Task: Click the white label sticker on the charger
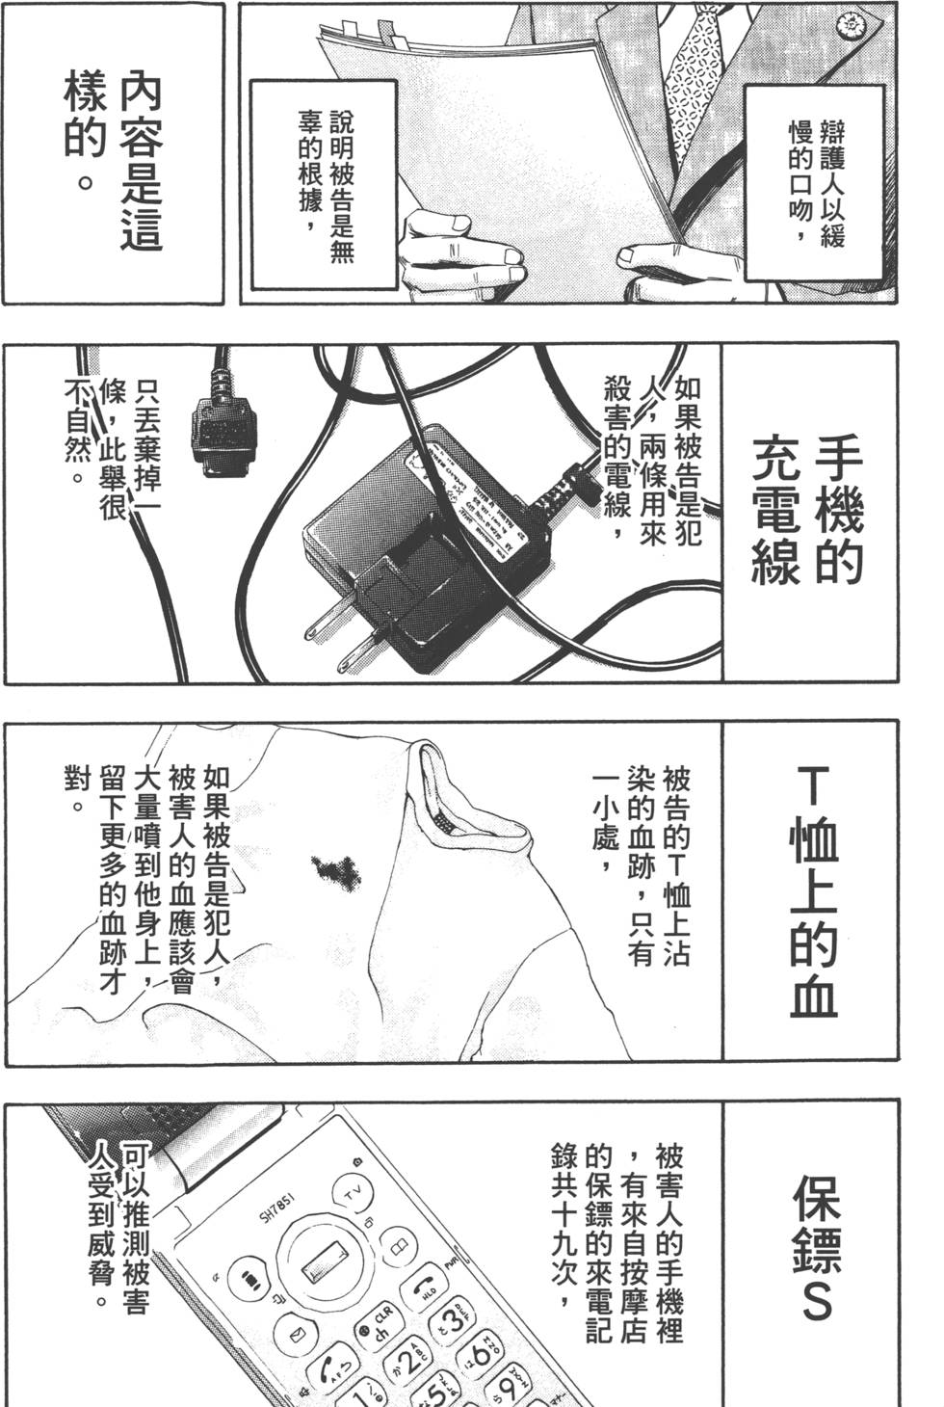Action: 472,501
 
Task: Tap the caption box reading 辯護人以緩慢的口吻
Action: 815,182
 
